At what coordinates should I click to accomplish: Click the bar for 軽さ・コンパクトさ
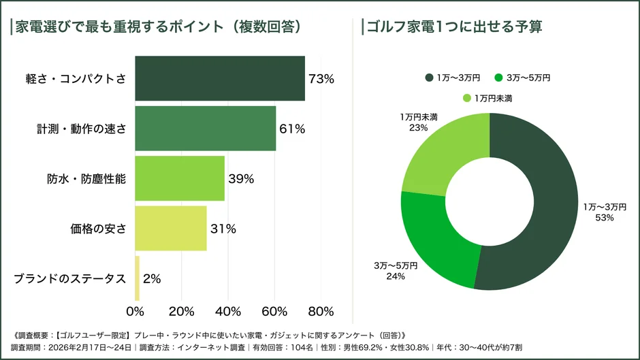coord(220,78)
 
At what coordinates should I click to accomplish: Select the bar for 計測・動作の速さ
coord(206,129)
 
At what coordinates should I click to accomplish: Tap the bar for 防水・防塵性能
coord(180,178)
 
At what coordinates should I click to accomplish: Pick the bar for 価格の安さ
coord(171,229)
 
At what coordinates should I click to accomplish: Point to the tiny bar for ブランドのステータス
coord(138,278)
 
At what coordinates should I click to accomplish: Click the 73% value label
coord(321,79)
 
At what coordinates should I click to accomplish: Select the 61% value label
coord(292,129)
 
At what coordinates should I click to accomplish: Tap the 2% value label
coord(152,278)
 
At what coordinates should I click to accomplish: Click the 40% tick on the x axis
coord(228,312)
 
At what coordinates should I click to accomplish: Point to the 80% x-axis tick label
coord(321,312)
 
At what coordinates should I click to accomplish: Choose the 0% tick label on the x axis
coord(135,312)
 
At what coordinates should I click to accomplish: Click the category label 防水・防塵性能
coord(86,179)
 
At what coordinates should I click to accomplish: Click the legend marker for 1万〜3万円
coord(430,78)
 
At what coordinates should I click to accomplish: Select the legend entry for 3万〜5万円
coord(523,78)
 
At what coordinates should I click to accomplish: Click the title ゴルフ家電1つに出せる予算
coord(455,27)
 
